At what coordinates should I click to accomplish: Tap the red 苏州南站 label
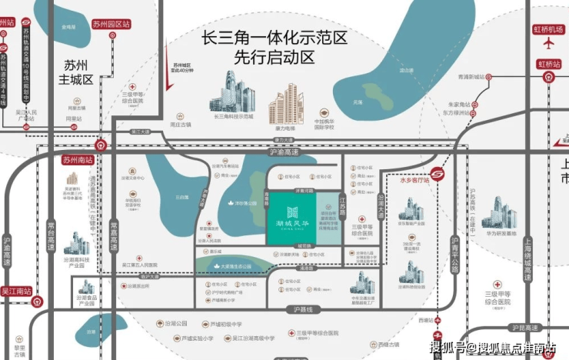pyautogui.click(x=77, y=161)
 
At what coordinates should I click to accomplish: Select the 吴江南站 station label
pyautogui.click(x=16, y=292)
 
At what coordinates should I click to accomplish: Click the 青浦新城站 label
pyautogui.click(x=469, y=77)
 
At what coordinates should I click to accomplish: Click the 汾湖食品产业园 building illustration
pyautogui.click(x=87, y=288)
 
